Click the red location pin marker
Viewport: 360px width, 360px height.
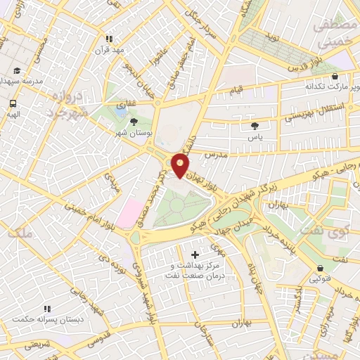[x=181, y=164]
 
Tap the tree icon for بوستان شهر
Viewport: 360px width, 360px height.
[x=134, y=122]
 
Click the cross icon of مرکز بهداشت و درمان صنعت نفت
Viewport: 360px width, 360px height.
[x=195, y=254]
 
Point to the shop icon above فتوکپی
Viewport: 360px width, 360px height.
[x=321, y=268]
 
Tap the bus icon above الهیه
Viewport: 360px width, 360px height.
[x=13, y=102]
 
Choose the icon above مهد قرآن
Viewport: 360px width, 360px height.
[x=108, y=39]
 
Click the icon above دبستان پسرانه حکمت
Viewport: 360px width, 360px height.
[x=47, y=309]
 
